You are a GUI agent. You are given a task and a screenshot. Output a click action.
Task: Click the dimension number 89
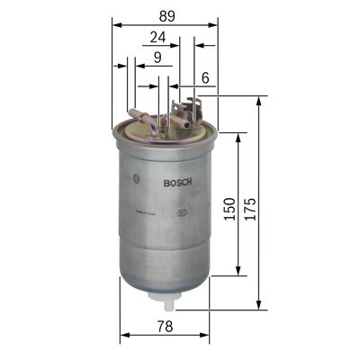pyautogui.click(x=166, y=15)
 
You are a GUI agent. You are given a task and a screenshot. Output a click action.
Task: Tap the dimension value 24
pyautogui.click(x=157, y=38)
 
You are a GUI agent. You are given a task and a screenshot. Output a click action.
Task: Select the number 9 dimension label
pyautogui.click(x=157, y=58)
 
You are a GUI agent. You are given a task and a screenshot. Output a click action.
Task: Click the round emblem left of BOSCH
pyautogui.click(x=134, y=175)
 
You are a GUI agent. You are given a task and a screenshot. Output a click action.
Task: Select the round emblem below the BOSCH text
pyautogui.click(x=182, y=212)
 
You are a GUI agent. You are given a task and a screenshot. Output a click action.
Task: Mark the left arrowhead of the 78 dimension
pyautogui.click(x=123, y=336)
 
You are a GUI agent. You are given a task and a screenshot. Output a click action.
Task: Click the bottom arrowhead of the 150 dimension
pyautogui.click(x=238, y=273)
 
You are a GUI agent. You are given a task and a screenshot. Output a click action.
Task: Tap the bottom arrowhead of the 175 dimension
pyautogui.click(x=259, y=306)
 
